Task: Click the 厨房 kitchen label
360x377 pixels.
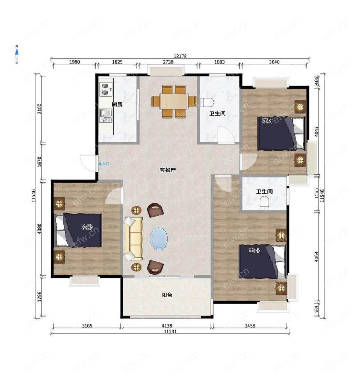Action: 117,104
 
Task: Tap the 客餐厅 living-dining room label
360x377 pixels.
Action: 167,170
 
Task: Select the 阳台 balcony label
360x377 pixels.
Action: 167,295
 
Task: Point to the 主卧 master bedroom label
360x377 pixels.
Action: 254,251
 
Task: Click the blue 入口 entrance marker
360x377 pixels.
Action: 104,164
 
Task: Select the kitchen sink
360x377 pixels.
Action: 106,116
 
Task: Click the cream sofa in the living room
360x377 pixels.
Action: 133,239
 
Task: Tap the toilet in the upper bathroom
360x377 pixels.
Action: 207,102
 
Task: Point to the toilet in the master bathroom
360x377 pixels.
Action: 264,202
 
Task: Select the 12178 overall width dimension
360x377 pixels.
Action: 180,56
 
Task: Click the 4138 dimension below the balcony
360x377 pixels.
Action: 167,326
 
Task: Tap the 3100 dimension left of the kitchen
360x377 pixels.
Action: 40,109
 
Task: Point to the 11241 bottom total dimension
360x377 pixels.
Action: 170,332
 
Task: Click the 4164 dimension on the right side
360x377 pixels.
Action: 316,256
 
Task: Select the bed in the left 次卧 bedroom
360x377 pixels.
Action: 78,230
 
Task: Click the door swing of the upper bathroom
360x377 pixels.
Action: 226,135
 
